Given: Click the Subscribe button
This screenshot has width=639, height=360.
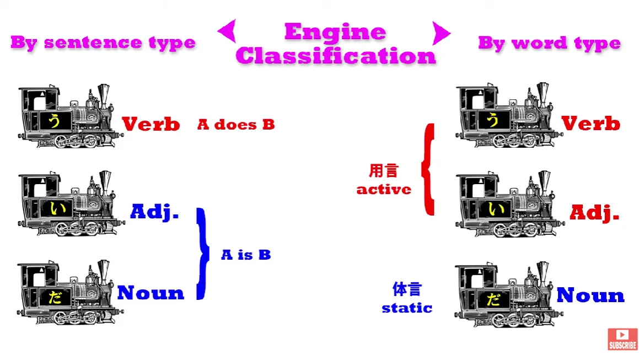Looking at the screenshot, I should (622, 339).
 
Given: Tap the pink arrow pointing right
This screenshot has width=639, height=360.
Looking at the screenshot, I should (441, 33).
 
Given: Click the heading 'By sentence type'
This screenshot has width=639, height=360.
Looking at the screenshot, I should (103, 43).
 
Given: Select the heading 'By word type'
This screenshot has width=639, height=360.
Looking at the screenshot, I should (549, 43).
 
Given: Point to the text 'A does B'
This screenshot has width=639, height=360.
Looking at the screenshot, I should (236, 125).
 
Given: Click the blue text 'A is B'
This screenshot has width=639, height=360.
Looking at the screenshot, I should (246, 255).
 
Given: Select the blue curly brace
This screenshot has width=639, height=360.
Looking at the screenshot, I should (202, 254).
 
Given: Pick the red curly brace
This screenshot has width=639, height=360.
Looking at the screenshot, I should (428, 169).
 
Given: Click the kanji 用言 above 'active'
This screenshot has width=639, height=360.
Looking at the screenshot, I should (383, 170).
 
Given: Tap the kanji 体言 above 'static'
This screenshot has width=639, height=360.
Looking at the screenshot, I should (406, 289).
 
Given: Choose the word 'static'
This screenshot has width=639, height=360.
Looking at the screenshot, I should (407, 308).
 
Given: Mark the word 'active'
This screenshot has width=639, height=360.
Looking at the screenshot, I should (384, 190).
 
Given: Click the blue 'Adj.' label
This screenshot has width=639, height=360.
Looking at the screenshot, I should (155, 212).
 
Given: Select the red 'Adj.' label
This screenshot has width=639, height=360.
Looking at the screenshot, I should (594, 212).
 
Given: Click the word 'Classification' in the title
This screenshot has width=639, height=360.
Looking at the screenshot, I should (336, 56).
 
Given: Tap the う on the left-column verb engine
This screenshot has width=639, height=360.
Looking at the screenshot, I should (54, 120).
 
